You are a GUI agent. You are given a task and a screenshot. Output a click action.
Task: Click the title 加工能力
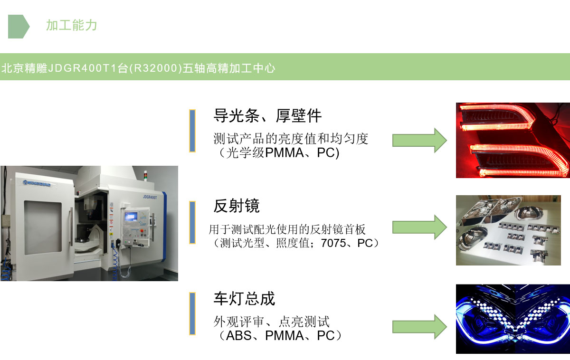coord(71,25)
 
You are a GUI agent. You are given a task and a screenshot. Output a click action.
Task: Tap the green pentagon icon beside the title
coord(18,26)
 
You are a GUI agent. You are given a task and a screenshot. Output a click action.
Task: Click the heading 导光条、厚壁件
coord(267,115)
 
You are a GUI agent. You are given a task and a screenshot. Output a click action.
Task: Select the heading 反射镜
coord(237,206)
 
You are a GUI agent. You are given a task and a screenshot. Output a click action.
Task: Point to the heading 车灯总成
coord(244,299)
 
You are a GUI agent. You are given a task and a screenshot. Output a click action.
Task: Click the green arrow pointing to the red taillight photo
coord(419,140)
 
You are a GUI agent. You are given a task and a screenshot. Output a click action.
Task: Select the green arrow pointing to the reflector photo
coord(419,227)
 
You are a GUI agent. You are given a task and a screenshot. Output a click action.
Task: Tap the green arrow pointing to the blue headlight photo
coord(419,327)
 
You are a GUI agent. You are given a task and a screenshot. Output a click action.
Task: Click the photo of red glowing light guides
coord(513,140)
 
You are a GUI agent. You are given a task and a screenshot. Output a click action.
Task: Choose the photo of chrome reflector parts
coord(513,230)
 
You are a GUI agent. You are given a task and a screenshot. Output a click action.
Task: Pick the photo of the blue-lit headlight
coord(513,319)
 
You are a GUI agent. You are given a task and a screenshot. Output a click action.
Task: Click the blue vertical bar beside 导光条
coord(192,131)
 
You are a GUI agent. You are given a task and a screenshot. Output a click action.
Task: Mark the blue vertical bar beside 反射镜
coord(192,222)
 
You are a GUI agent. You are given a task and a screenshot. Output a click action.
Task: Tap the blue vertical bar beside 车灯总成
coord(192,313)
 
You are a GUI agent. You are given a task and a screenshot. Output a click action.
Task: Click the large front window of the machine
coord(43,225)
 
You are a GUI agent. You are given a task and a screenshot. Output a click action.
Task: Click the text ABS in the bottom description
coord(240,336)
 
